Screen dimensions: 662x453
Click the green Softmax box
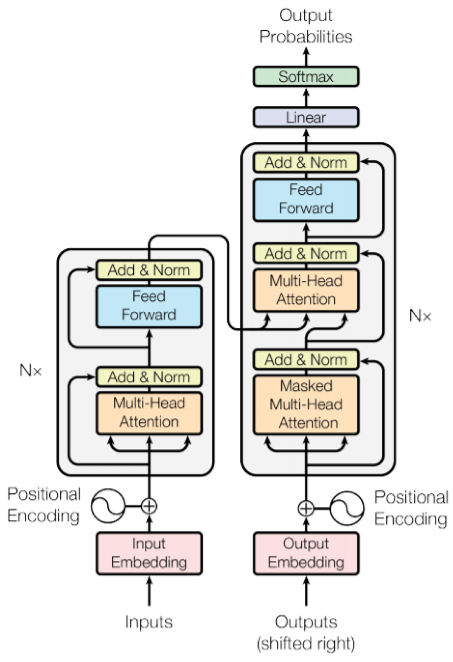point(306,77)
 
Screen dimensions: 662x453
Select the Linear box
point(306,117)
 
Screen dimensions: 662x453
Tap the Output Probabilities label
point(306,26)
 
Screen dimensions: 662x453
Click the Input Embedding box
point(149,553)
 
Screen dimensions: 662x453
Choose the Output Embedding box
point(306,553)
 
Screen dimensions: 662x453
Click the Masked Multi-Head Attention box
point(306,405)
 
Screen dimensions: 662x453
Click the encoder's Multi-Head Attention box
point(149,413)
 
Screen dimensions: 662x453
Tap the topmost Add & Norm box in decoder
point(306,162)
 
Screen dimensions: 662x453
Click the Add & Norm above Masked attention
point(306,360)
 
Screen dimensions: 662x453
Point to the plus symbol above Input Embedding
point(149,506)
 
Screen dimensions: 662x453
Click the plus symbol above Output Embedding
point(306,508)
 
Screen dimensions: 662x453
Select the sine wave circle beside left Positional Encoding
point(108,506)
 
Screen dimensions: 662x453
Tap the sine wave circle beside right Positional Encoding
point(347,508)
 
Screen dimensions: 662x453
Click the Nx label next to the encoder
point(31,370)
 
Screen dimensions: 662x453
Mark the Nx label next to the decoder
point(420,316)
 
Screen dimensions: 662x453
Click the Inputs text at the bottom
point(149,622)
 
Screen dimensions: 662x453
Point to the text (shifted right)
point(306,643)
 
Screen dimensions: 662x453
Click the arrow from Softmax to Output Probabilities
point(306,57)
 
